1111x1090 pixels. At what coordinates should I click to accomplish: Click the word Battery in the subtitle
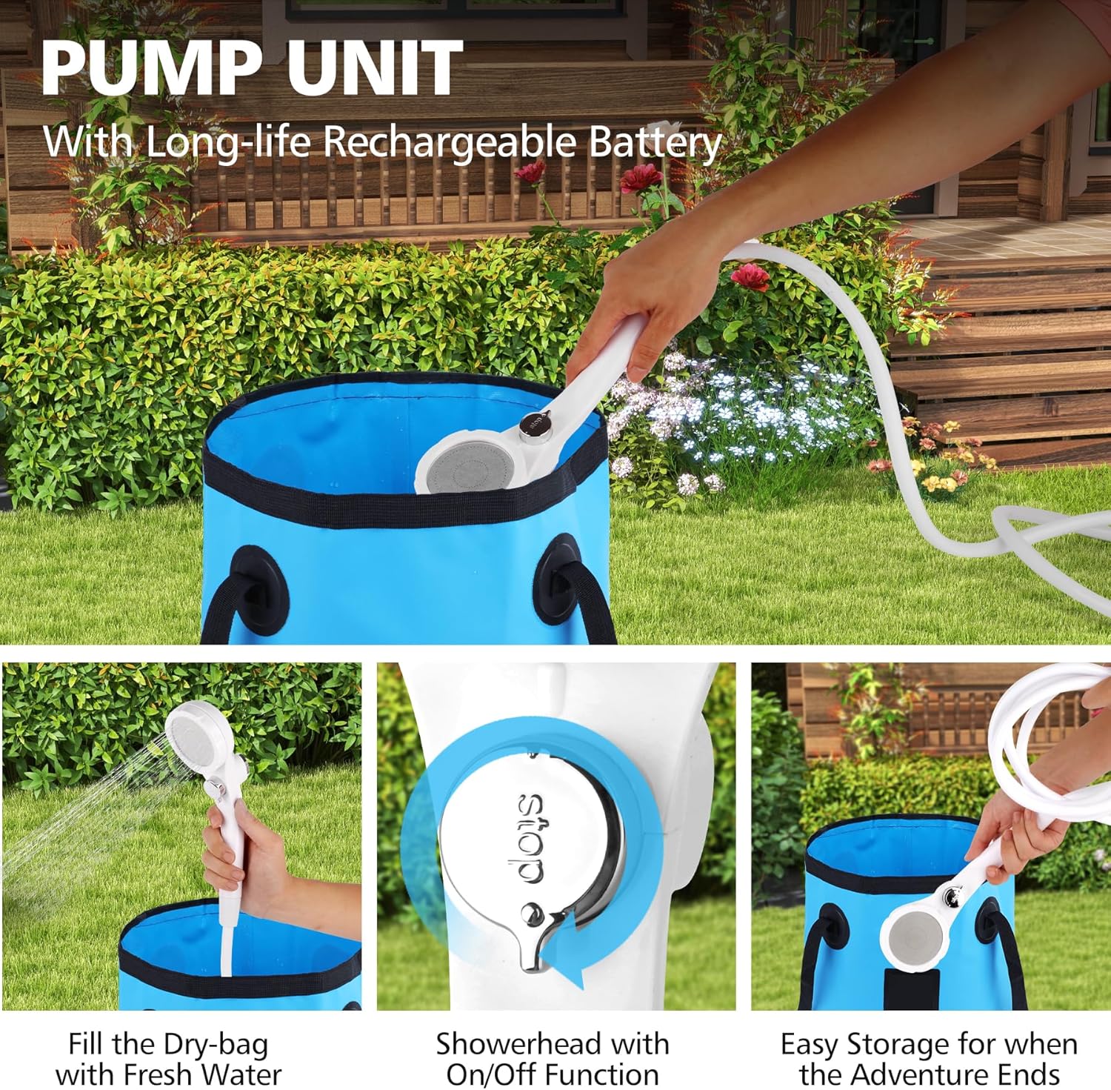tap(655, 143)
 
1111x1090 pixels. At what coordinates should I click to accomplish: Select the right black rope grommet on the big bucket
tap(559, 577)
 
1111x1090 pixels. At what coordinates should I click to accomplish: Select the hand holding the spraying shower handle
tap(241, 852)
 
